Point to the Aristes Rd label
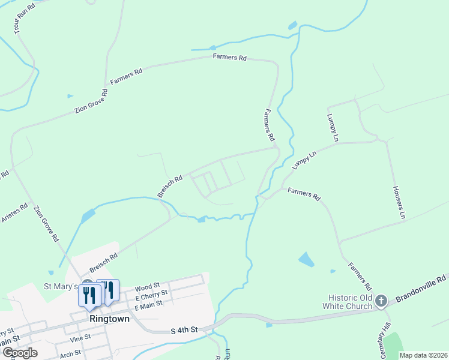pos(14,213)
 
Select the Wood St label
pos(147,287)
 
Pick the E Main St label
pos(149,305)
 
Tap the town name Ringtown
pos(109,319)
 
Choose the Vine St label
pos(80,337)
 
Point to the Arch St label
pos(71,354)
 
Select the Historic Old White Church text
pos(351,302)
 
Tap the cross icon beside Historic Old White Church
pos(381,299)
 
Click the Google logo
pos(20,353)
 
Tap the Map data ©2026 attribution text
pos(422,355)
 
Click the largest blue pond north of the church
pos(306,260)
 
